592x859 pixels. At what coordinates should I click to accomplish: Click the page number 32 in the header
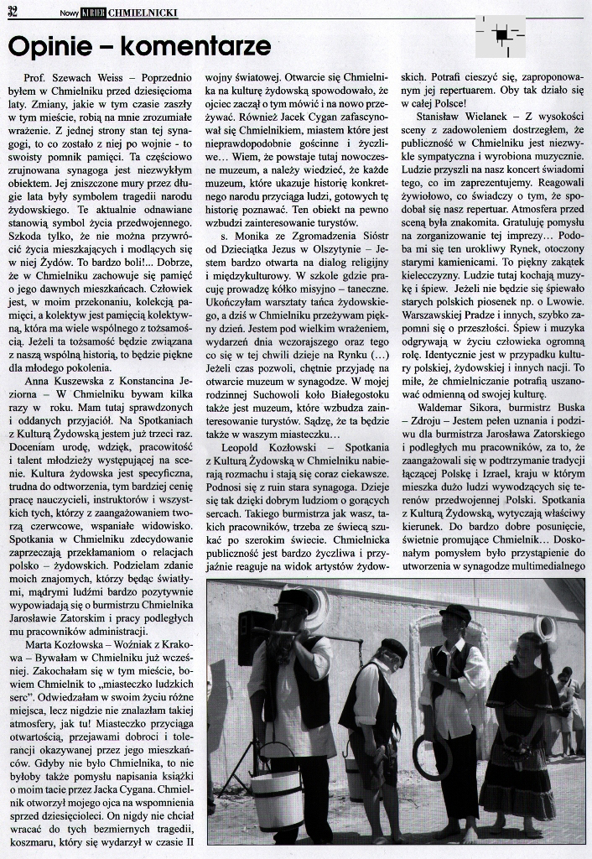coord(14,10)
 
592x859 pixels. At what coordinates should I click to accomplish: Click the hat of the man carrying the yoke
coord(293,599)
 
